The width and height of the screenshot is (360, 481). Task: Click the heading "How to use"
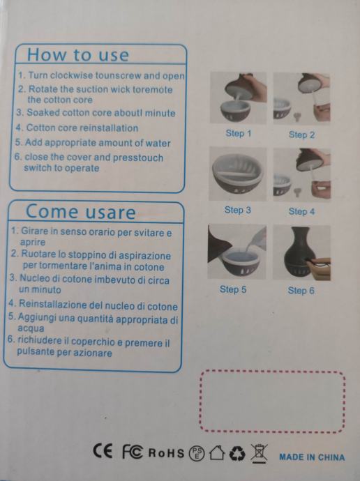(x=78, y=55)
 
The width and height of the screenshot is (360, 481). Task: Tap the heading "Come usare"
(x=80, y=212)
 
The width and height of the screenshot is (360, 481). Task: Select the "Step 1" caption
(x=239, y=133)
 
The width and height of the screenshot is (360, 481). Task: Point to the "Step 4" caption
(x=301, y=211)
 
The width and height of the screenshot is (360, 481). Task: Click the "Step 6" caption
(x=301, y=291)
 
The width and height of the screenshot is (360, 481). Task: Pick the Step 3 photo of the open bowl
(x=237, y=174)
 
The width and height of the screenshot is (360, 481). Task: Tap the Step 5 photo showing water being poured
(x=237, y=252)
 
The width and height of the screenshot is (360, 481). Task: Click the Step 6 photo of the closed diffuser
(x=301, y=253)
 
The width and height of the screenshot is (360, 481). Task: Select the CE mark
(x=103, y=451)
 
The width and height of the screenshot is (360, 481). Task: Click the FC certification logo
(x=133, y=452)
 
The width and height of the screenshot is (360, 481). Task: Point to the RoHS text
(x=166, y=453)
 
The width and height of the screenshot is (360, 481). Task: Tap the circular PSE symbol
(x=197, y=453)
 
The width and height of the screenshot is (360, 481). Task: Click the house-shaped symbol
(x=217, y=452)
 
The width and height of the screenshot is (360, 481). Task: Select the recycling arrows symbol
(x=237, y=453)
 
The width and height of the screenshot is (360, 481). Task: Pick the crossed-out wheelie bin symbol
(x=260, y=453)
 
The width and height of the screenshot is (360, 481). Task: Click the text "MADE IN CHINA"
(x=312, y=457)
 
